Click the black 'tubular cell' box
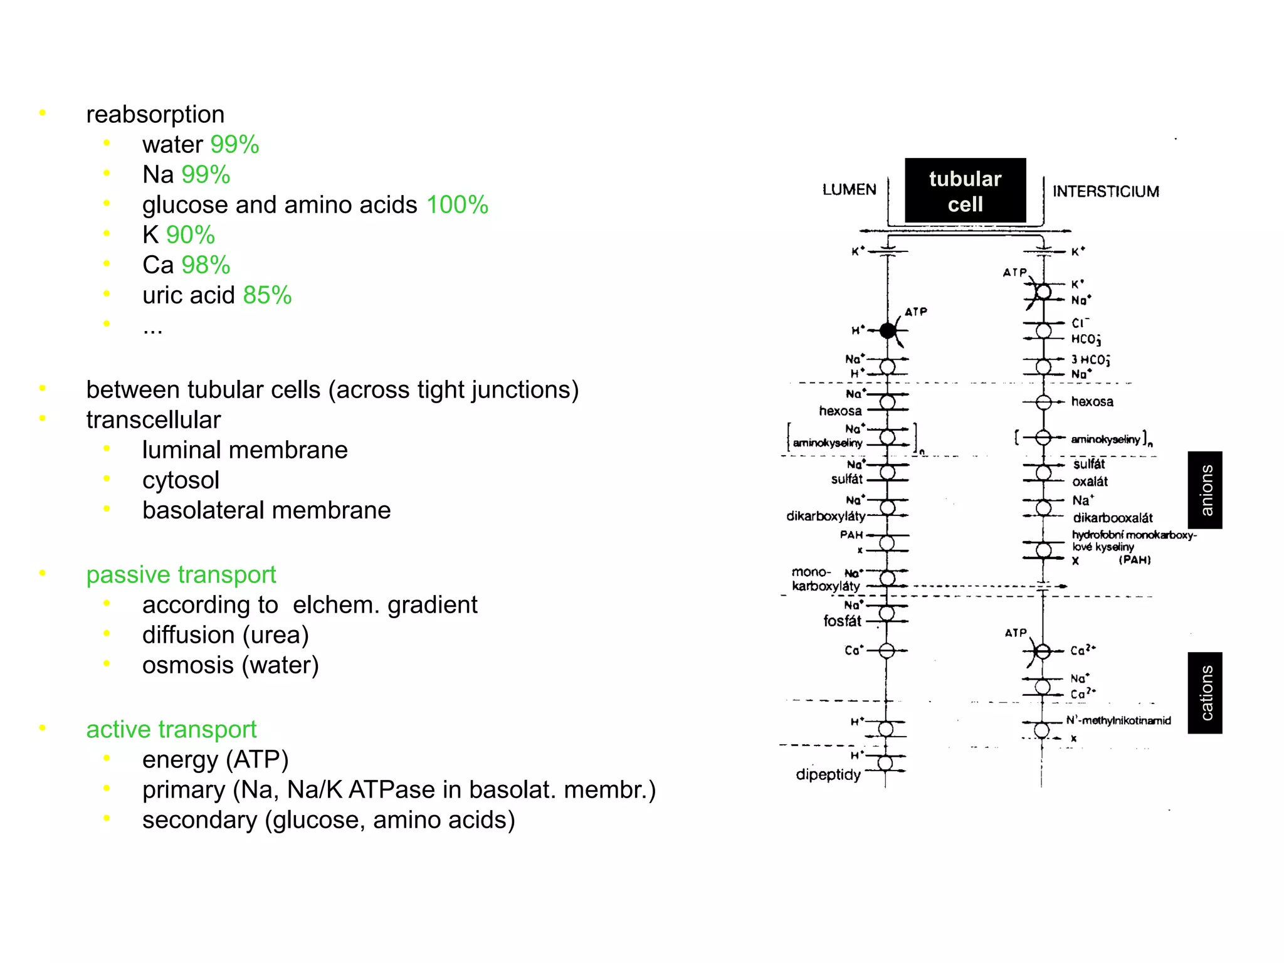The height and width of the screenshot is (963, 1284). (965, 191)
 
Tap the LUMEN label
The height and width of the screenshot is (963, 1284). (849, 189)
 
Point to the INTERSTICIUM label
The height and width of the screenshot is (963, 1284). (1105, 191)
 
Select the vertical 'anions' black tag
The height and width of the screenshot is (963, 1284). (1204, 490)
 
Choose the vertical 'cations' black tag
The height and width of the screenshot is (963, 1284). (1204, 693)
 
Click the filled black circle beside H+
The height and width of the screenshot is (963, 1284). (887, 330)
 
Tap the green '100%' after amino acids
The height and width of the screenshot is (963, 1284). (457, 205)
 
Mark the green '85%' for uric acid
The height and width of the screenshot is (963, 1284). (267, 295)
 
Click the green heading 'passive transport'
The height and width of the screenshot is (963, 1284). (181, 574)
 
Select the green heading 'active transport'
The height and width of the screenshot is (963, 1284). (171, 729)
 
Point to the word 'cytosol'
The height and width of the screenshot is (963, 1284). (181, 480)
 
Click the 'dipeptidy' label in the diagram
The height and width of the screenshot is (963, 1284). (828, 775)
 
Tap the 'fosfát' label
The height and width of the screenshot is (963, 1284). (842, 621)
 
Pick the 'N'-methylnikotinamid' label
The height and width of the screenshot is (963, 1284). (1118, 720)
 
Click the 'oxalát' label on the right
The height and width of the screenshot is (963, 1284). (1090, 481)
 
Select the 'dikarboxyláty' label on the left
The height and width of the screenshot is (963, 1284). (825, 516)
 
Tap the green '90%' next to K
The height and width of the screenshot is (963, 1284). (190, 235)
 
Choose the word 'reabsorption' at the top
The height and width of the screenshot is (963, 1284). (155, 115)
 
